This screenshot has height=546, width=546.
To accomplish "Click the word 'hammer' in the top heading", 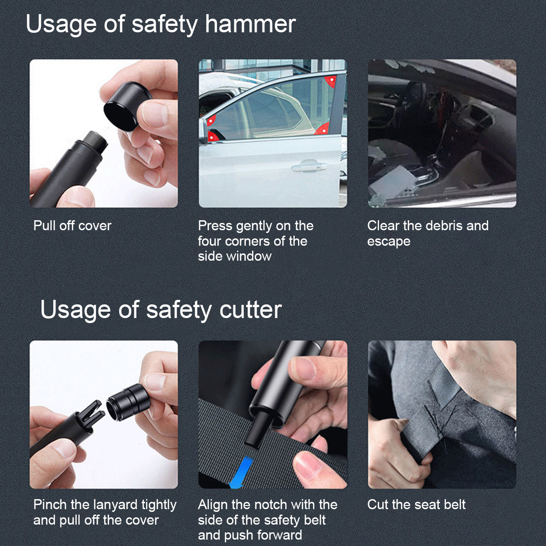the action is point(250,24).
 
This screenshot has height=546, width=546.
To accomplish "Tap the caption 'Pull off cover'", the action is point(72,226).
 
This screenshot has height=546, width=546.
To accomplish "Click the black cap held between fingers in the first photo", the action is point(127,106).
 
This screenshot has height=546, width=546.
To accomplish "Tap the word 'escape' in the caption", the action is point(389,242).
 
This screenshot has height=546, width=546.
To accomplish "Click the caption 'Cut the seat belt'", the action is point(416,505).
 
